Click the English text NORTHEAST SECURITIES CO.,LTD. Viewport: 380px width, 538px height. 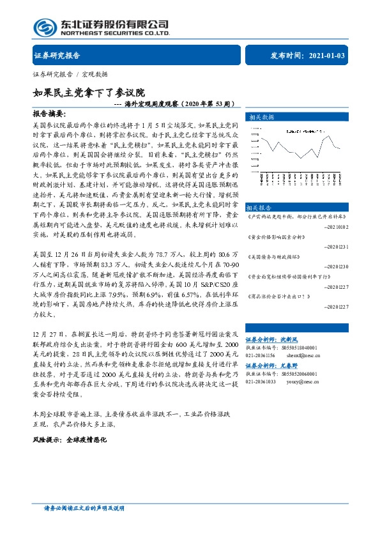coord(115,34)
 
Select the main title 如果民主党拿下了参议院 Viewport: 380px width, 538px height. coord(89,93)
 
